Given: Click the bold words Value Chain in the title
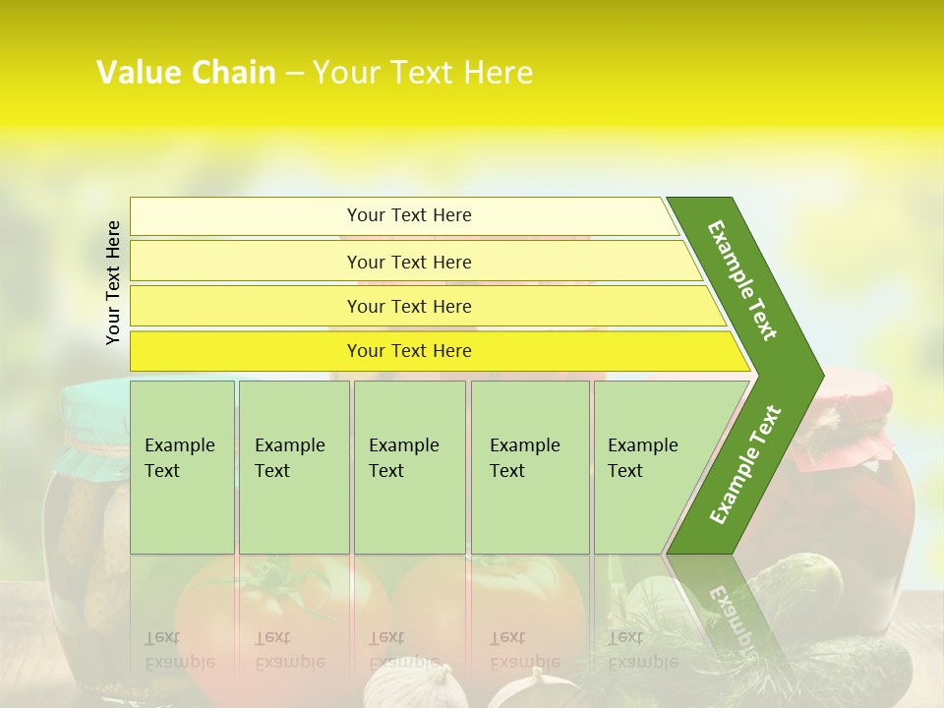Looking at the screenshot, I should click(186, 73).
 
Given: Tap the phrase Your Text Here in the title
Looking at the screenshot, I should click(423, 73).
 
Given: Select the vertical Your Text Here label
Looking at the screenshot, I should click(113, 283).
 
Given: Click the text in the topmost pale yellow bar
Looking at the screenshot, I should click(409, 215).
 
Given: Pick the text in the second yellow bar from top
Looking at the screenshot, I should click(409, 263).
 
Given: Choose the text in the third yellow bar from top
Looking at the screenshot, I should click(409, 307).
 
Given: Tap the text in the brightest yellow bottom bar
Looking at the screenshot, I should click(409, 351).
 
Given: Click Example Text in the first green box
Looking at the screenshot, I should click(179, 458).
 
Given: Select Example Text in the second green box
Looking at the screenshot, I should click(289, 458).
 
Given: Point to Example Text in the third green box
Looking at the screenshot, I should click(403, 458).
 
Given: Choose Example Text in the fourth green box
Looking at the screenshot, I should click(524, 458).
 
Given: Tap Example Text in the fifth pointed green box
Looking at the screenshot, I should click(642, 458).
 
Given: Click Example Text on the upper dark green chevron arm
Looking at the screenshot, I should click(742, 280).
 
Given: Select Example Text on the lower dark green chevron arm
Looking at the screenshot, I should click(744, 465).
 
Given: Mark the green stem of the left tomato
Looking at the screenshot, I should click(270, 580).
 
